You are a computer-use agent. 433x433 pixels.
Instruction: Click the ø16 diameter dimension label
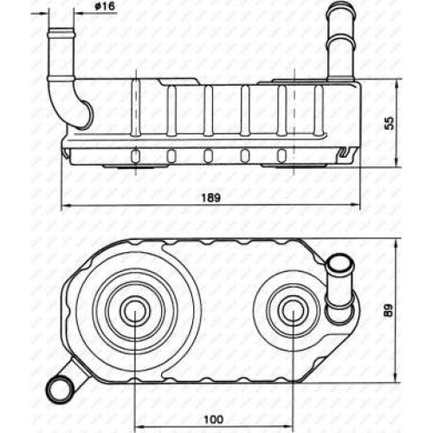coord(105,7)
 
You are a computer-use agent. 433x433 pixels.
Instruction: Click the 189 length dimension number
coord(210,197)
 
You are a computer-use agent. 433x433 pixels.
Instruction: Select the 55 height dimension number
coord(390,123)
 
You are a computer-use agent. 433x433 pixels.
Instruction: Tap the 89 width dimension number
coord(390,310)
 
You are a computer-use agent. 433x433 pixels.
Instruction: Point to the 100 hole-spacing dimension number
coord(214,419)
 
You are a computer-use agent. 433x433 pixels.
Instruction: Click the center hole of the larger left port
coord(135,311)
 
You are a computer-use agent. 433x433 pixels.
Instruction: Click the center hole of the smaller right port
coord(293,311)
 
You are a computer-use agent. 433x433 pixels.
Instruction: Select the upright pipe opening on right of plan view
coord(339,262)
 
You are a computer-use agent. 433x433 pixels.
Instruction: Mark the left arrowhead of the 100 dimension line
coord(140,426)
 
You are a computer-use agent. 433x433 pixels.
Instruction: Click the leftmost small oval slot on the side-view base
coord(135,156)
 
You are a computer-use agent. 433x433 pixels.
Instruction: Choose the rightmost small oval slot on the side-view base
coord(281,156)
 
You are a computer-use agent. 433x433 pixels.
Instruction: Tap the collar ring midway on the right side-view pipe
coord(340,41)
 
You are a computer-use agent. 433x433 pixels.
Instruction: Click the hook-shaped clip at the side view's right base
coord(344,152)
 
